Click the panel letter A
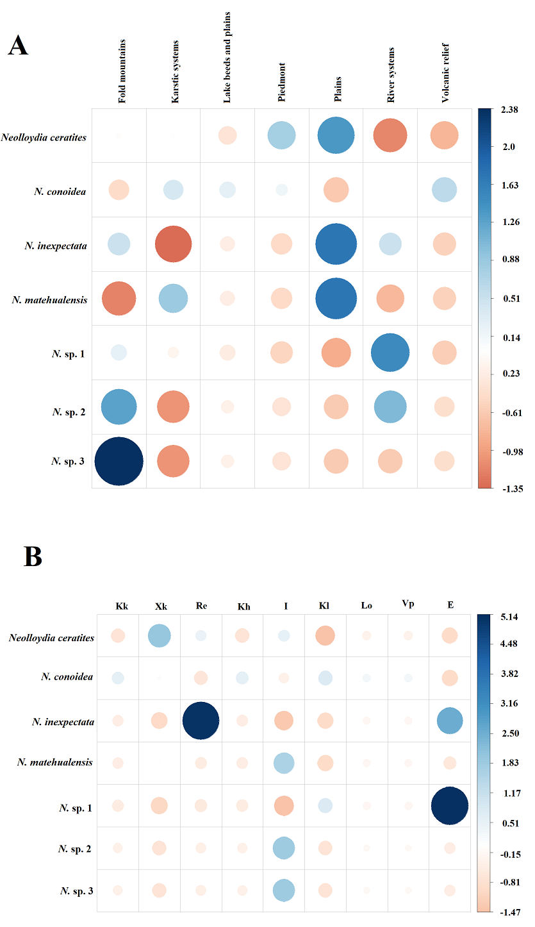tap(18, 46)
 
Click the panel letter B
tap(33, 556)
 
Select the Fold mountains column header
tap(122, 71)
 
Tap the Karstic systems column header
tap(176, 71)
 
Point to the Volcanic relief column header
tap(445, 74)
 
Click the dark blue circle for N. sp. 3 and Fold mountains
tap(119, 461)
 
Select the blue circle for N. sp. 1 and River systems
tap(390, 353)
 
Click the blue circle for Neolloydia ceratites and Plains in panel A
tap(335, 136)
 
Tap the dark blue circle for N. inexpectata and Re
tap(201, 721)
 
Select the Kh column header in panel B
tap(243, 606)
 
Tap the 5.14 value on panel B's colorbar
tap(510, 617)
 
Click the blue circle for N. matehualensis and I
tap(284, 763)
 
